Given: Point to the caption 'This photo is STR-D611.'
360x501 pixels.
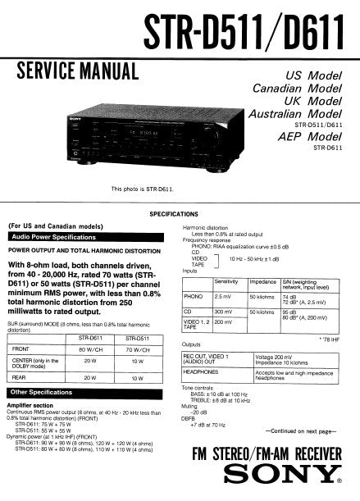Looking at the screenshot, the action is [x=144, y=189].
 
